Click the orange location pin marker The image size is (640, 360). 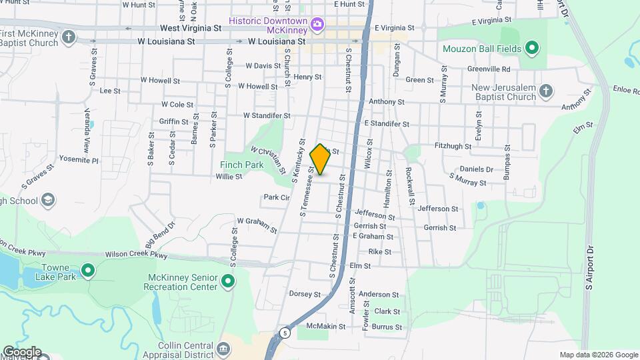pos(320,159)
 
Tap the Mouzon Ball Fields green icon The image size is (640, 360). pos(531,48)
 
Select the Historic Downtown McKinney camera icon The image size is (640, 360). pos(317,25)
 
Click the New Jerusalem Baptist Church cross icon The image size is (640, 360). pos(545,91)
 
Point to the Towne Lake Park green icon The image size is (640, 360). pos(87,271)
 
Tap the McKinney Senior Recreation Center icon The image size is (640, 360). pos(228,281)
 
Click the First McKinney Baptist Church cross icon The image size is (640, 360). pos(68,37)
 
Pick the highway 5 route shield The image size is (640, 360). pos(285,333)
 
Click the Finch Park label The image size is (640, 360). pos(236,164)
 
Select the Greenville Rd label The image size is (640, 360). pos(488,69)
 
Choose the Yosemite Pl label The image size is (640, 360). pos(79,161)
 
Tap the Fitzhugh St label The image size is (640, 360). pos(453,146)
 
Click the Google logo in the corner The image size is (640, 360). pos(21,352)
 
